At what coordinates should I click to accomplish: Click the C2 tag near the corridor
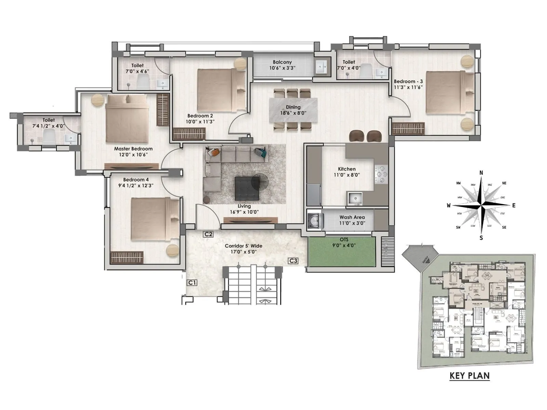pos(208,234)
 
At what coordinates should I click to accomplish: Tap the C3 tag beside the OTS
pos(293,261)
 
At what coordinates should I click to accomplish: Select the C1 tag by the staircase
pos(192,283)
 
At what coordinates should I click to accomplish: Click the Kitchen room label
pos(347,169)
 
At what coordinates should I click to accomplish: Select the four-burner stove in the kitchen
pos(381,174)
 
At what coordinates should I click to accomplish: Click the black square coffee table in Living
pos(247,189)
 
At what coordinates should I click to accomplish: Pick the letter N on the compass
pos(481,173)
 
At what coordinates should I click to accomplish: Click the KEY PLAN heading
pos(469,376)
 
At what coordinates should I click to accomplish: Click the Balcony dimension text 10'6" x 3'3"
pos(282,68)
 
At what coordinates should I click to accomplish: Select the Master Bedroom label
pos(133,149)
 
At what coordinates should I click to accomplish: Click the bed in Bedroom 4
pos(155,219)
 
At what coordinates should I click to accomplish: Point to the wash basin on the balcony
pos(321,67)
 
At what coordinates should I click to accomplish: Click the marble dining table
pos(293,110)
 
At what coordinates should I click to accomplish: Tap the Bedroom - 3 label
pos(408,81)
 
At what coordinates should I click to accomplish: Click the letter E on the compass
pos(513,205)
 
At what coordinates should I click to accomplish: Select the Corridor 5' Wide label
pos(243,246)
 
